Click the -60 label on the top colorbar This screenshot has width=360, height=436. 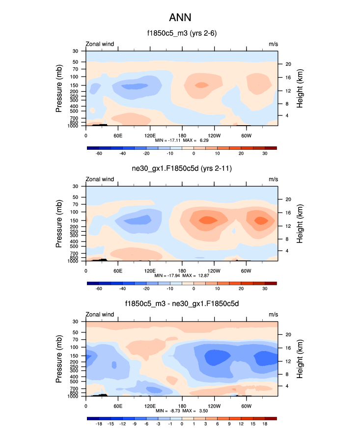point(99,154)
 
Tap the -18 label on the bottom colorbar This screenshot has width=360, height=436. point(99,424)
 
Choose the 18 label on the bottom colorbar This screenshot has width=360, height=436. point(264,424)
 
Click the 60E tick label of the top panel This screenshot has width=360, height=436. point(118,136)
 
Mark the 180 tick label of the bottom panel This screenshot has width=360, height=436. point(182,406)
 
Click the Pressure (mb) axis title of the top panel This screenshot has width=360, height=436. point(59,88)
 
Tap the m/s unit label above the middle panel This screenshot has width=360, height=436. point(273,179)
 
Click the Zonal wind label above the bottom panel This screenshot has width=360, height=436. point(100,314)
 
